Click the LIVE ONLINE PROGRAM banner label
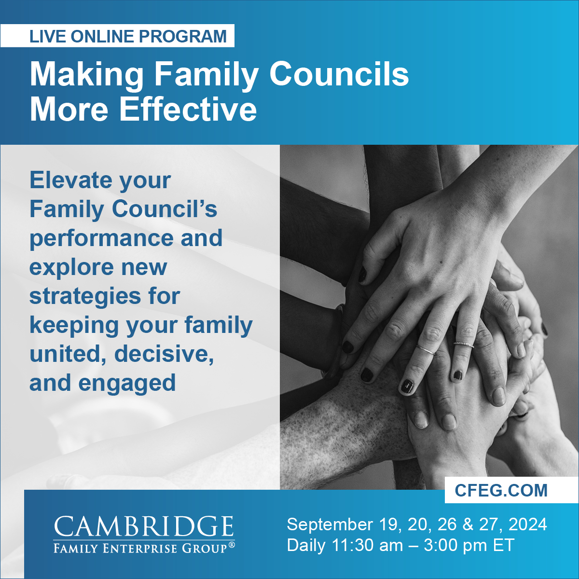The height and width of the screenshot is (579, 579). coord(128,36)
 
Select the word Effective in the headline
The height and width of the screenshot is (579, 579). coord(188,109)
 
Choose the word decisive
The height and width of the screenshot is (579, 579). coord(164,354)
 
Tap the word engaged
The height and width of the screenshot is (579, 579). coord(127,383)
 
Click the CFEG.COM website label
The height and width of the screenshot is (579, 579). coord(501,490)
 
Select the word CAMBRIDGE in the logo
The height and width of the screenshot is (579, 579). coord(144,526)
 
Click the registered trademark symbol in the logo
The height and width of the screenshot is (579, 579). coord(232,545)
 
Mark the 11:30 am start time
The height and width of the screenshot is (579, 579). coord(367,546)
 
